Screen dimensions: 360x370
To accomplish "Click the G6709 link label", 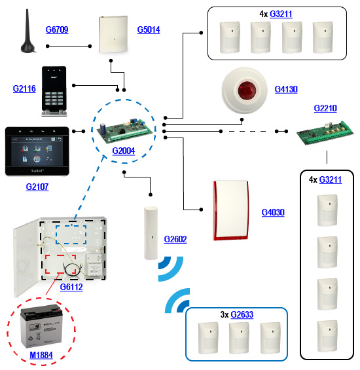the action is (x=57, y=29).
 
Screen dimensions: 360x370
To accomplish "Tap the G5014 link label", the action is (x=149, y=29).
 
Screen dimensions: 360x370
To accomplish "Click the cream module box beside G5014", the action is (x=113, y=34).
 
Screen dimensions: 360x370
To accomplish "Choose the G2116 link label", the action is (x=24, y=88).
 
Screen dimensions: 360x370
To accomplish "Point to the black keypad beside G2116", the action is (x=54, y=91).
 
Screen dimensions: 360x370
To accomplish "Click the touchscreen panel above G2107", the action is (x=37, y=151).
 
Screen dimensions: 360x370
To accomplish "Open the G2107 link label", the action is (x=37, y=187).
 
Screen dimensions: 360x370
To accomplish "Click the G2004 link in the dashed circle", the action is (x=124, y=151).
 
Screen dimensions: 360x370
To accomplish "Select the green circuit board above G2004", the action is (x=124, y=131).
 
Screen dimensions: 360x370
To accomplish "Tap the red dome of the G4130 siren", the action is (x=247, y=90).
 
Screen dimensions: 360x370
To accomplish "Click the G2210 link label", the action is (x=325, y=108).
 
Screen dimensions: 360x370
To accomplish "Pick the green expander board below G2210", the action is (x=325, y=133).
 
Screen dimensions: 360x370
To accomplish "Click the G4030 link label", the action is (x=273, y=212).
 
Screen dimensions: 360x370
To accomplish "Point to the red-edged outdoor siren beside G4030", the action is (x=230, y=210).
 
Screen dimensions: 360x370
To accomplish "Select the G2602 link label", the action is (x=175, y=239).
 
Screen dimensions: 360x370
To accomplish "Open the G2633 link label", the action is (x=242, y=314).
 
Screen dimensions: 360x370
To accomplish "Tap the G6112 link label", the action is (x=71, y=287).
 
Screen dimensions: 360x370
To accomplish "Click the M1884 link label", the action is (x=41, y=356).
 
